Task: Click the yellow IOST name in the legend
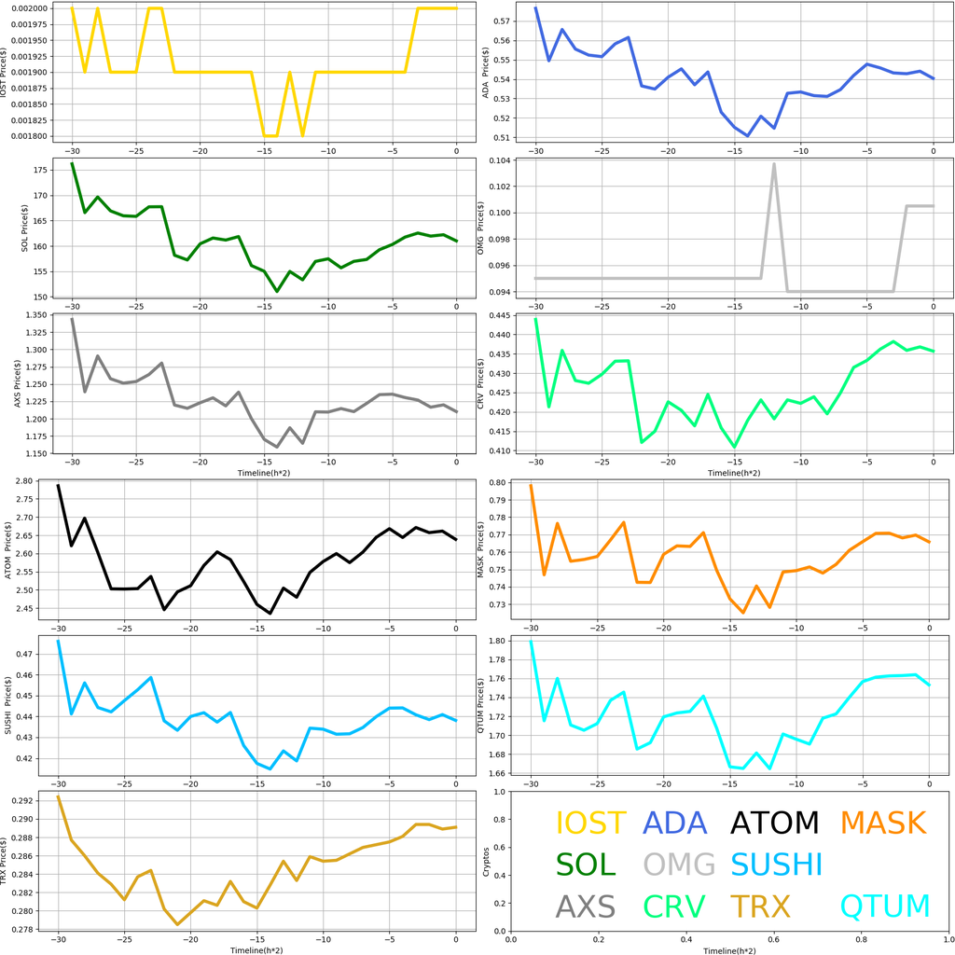click(x=590, y=823)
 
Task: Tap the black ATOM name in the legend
click(x=774, y=823)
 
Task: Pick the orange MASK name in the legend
click(x=882, y=823)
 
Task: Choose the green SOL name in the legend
click(x=586, y=865)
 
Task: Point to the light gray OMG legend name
click(x=679, y=865)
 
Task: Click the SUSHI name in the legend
click(x=776, y=865)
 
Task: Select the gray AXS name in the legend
click(x=586, y=906)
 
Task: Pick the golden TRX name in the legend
click(x=760, y=906)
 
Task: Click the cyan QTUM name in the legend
click(x=885, y=906)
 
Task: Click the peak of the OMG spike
click(x=774, y=164)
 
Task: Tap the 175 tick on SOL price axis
click(x=43, y=171)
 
